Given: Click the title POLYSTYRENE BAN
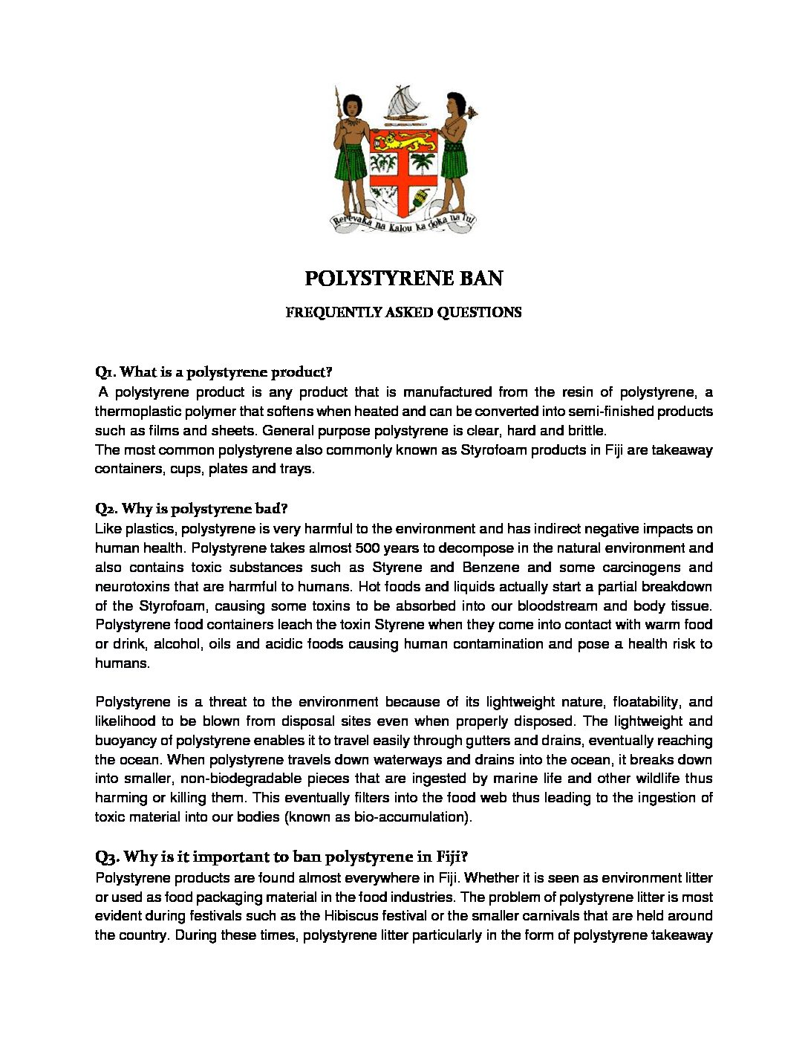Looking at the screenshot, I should [403, 279].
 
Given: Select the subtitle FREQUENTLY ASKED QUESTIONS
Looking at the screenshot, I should [403, 313].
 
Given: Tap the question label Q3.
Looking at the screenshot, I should [106, 857].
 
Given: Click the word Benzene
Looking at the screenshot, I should [492, 568].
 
